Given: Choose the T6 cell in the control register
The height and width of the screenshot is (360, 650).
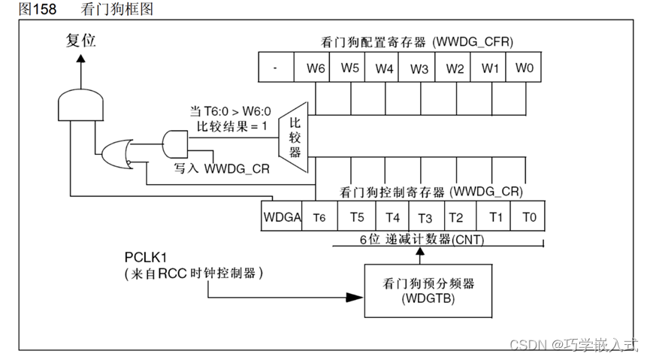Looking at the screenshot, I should (x=319, y=218).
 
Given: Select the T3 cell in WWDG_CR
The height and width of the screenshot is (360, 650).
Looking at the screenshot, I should (x=425, y=218).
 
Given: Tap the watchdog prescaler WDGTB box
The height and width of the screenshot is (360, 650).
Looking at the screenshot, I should (x=418, y=291).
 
